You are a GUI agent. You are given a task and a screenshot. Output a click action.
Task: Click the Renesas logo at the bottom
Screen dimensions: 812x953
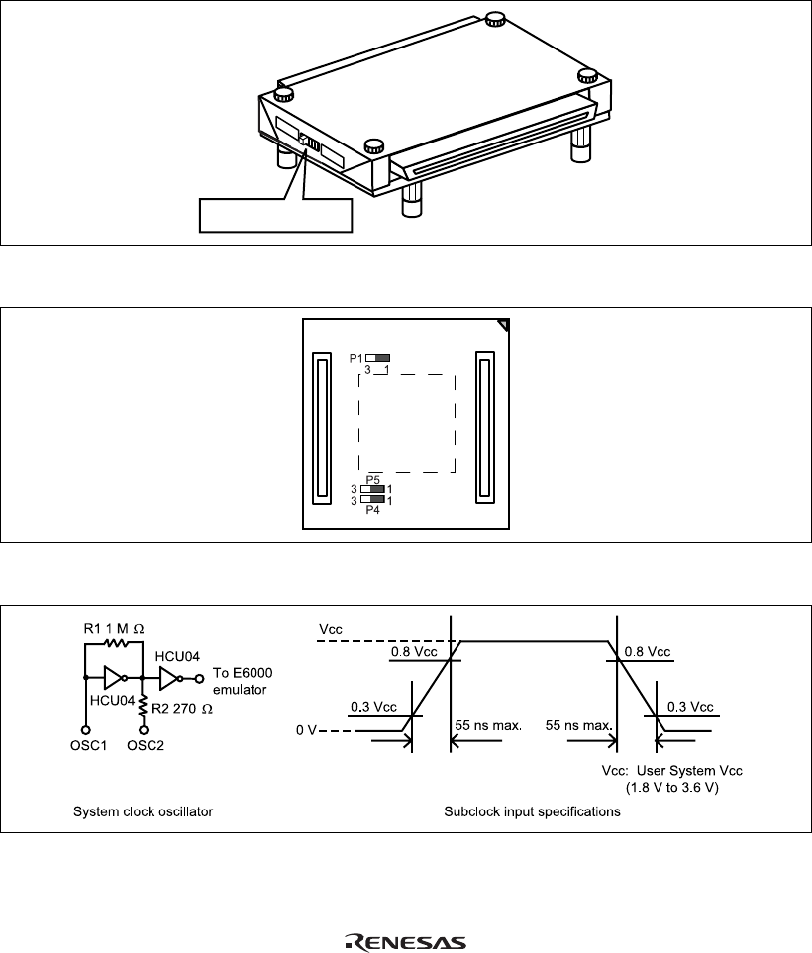pyautogui.click(x=405, y=942)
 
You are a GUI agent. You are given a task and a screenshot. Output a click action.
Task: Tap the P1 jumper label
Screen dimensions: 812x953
pyautogui.click(x=355, y=358)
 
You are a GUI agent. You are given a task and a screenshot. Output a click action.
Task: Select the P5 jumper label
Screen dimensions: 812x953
pyautogui.click(x=373, y=480)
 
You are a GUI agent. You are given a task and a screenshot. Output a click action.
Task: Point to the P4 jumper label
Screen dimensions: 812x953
pyautogui.click(x=373, y=510)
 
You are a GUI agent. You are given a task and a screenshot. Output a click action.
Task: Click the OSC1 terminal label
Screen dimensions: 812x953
pyautogui.click(x=88, y=746)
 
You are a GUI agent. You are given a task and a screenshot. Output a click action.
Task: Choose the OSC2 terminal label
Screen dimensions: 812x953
pyautogui.click(x=146, y=746)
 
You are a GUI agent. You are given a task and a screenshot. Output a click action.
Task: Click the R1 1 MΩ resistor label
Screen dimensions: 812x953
pyautogui.click(x=114, y=629)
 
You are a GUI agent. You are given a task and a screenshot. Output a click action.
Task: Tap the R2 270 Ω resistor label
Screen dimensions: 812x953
pyautogui.click(x=182, y=709)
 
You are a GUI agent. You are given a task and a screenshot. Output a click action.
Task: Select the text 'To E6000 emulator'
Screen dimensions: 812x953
pyautogui.click(x=243, y=681)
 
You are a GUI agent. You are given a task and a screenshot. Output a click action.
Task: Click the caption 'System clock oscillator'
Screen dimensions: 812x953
pyautogui.click(x=143, y=812)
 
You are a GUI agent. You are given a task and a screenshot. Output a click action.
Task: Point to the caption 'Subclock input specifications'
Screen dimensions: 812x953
pyautogui.click(x=532, y=812)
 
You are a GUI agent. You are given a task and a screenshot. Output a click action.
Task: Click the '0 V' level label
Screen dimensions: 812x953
pyautogui.click(x=306, y=730)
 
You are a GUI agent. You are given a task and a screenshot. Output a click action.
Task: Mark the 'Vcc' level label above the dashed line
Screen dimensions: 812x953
pyautogui.click(x=331, y=630)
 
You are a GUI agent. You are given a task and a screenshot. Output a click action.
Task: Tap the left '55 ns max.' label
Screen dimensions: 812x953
pyautogui.click(x=488, y=725)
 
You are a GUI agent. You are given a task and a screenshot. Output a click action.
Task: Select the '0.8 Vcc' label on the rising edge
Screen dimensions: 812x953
pyautogui.click(x=414, y=652)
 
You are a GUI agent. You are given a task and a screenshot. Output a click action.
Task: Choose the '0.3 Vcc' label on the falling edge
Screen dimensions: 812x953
pyautogui.click(x=690, y=707)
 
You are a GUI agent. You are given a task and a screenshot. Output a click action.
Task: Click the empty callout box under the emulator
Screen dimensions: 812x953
pyautogui.click(x=276, y=215)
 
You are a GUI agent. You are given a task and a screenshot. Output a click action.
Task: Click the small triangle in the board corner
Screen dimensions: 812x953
pyautogui.click(x=504, y=326)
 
